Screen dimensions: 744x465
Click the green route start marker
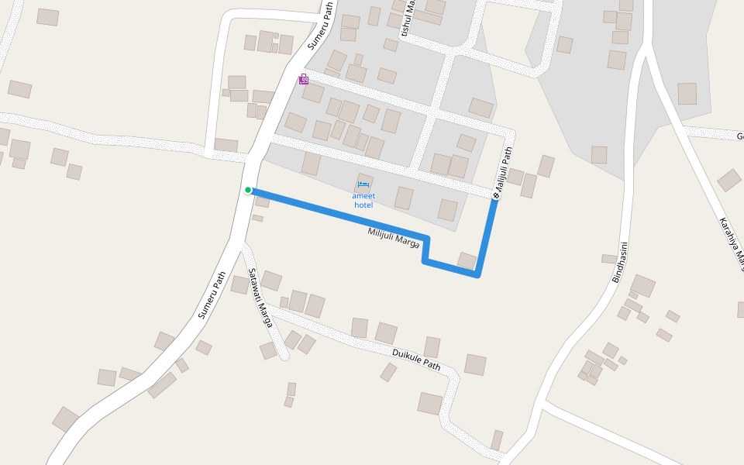click(248, 190)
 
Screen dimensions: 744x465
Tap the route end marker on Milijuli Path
click(496, 196)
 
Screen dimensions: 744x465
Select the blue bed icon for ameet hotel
click(363, 185)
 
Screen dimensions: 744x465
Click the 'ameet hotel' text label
click(363, 201)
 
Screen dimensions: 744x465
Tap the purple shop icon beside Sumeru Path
click(304, 79)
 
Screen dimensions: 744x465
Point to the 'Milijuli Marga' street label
click(394, 237)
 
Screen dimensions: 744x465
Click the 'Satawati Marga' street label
click(260, 298)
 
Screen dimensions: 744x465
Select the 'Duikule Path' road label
click(416, 360)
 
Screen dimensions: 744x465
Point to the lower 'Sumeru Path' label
click(212, 295)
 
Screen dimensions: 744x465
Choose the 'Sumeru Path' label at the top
click(320, 26)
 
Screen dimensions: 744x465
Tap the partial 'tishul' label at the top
click(407, 19)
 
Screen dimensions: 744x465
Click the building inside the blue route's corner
click(467, 260)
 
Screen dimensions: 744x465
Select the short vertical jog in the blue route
click(425, 250)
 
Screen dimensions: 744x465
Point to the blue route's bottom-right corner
click(477, 274)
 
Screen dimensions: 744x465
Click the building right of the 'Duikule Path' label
click(475, 364)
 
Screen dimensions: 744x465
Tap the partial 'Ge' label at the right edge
click(739, 136)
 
